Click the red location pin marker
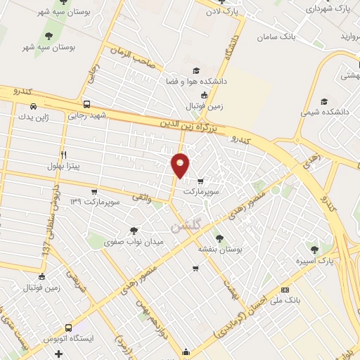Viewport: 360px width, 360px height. point(181,165)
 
